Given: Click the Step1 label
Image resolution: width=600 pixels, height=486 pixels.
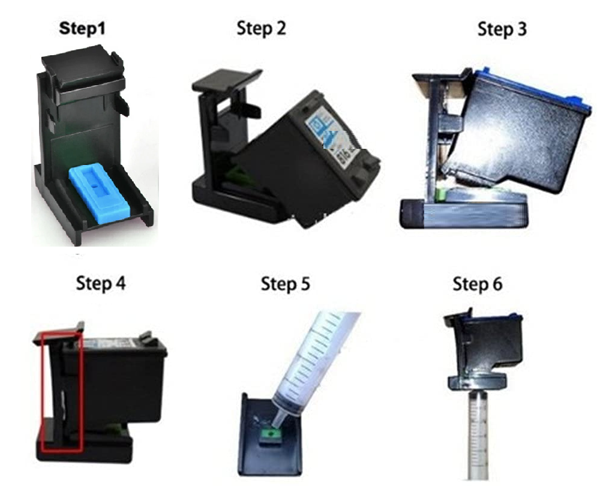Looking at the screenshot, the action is tap(82, 29).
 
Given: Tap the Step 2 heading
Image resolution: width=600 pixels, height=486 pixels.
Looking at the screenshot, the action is tap(262, 28).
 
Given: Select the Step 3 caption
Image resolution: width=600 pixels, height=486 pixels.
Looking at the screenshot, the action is tap(502, 29).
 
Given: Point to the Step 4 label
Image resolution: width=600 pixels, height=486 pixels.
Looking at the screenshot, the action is tap(101, 284).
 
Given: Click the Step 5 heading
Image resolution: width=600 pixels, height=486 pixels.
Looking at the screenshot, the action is tap(286, 284).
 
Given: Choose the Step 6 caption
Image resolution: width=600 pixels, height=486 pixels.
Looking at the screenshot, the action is tap(478, 284).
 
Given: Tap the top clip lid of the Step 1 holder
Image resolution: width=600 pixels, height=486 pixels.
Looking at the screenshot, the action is tap(83, 69).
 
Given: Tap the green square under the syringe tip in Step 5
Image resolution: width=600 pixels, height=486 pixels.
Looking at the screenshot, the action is tap(271, 435).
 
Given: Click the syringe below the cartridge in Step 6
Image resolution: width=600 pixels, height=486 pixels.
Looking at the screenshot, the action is tap(478, 434).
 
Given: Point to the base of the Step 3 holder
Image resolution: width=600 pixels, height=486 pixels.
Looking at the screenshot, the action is tap(463, 214).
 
